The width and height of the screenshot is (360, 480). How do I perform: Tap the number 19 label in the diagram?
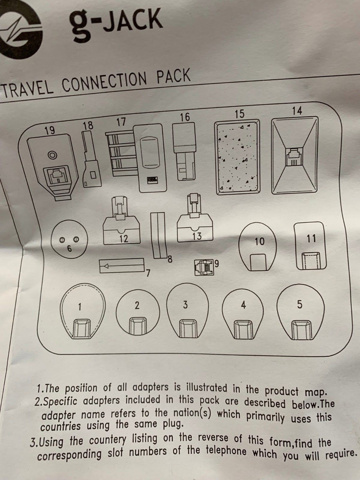point(50,130)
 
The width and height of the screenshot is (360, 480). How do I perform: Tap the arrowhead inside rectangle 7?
point(106,266)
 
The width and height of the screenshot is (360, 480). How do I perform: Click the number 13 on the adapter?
point(197,236)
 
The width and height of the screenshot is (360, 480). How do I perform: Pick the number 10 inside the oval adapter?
point(259,241)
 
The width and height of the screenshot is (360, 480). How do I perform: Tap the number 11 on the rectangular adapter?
point(311,238)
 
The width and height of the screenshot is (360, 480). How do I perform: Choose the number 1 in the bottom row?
point(80,307)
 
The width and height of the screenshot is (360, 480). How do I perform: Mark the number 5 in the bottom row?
point(300,304)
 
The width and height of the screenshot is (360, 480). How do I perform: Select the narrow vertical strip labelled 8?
point(159,235)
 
